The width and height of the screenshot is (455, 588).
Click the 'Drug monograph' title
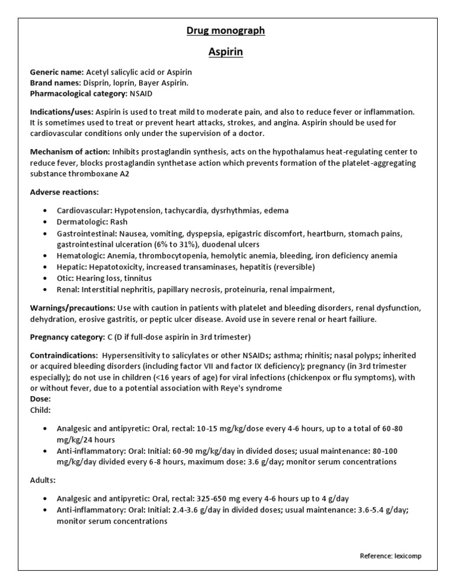(x=226, y=31)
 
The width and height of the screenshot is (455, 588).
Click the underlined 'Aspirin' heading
(x=226, y=52)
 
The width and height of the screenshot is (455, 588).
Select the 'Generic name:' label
(x=57, y=72)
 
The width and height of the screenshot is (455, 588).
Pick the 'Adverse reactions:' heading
(x=65, y=193)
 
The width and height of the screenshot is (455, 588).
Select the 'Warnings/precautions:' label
(x=72, y=308)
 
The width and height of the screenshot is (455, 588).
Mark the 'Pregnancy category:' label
(x=67, y=337)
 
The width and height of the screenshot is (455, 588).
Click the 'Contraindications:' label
(x=64, y=356)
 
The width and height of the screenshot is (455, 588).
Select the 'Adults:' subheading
(x=43, y=480)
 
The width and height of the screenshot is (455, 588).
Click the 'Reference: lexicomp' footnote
(x=390, y=555)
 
